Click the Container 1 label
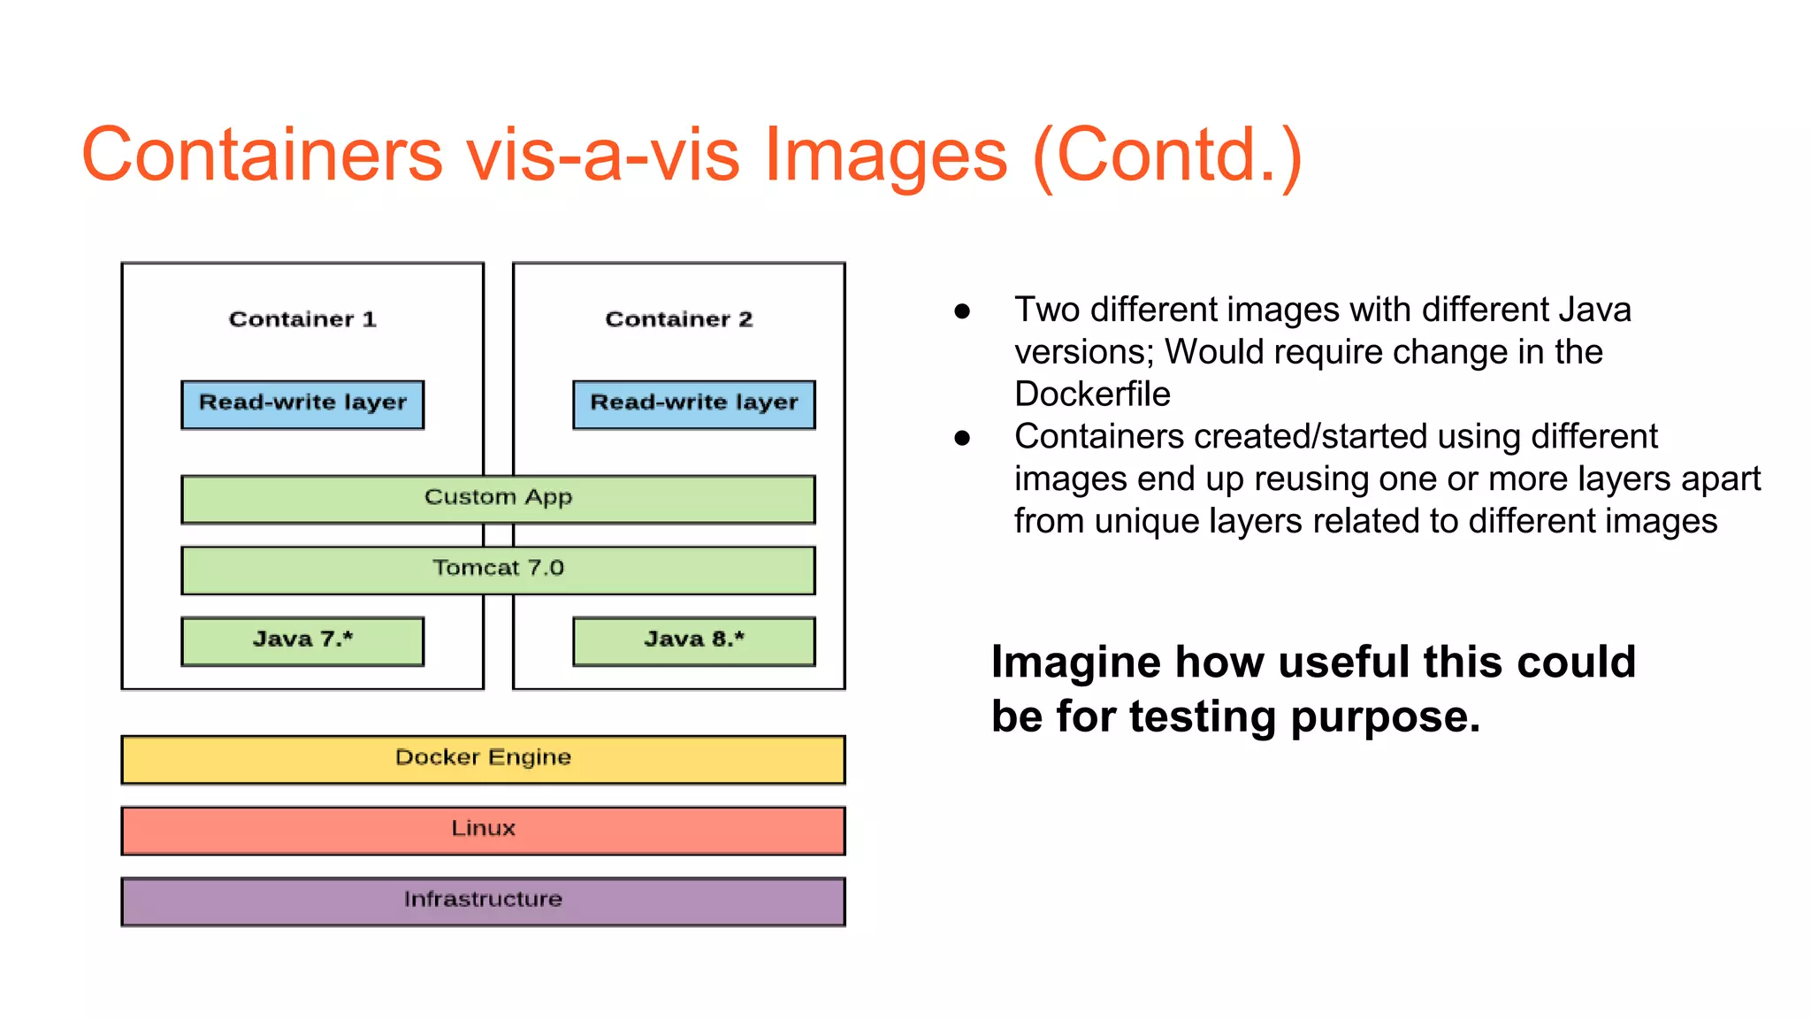tap(302, 319)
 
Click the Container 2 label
tap(678, 319)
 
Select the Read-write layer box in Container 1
tap(302, 404)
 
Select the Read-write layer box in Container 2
tap(694, 404)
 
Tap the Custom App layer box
tap(498, 499)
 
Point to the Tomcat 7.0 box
tap(498, 570)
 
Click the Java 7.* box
tap(302, 640)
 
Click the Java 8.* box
tap(694, 640)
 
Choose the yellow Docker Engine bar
tap(483, 759)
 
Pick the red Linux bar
tap(483, 830)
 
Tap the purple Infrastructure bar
tap(483, 900)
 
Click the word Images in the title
tap(884, 156)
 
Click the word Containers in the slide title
tap(262, 156)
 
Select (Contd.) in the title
tap(1167, 156)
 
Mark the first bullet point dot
tap(962, 311)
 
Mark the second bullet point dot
tap(962, 438)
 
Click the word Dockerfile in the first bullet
tap(1092, 394)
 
